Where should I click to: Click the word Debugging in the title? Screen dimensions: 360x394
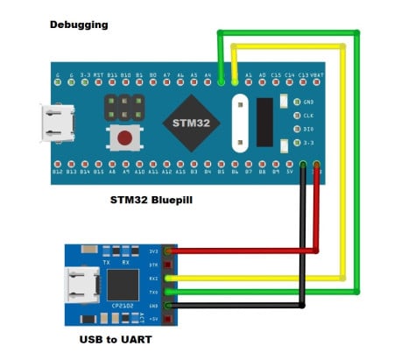(79, 25)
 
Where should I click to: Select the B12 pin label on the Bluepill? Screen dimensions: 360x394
(58, 173)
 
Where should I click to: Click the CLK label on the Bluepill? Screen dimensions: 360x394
(307, 115)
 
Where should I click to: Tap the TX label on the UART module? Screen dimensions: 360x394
(107, 261)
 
